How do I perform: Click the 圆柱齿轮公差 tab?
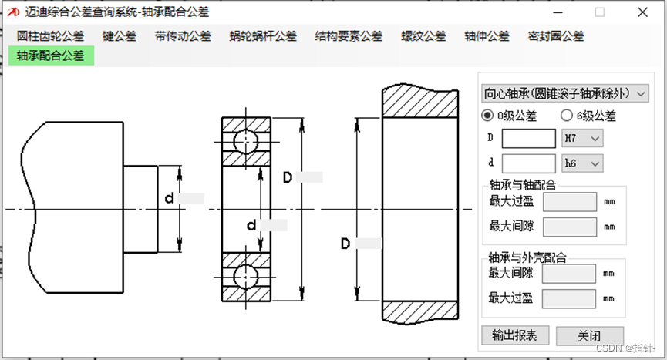pyautogui.click(x=51, y=36)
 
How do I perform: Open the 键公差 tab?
pyautogui.click(x=120, y=36)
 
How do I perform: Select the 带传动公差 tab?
pyautogui.click(x=182, y=36)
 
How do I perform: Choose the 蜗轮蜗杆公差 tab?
pyautogui.click(x=263, y=36)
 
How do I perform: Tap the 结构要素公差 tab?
pyautogui.click(x=349, y=36)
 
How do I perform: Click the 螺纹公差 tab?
pyautogui.click(x=423, y=36)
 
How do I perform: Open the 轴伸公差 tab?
pyautogui.click(x=487, y=36)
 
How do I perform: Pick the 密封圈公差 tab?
pyautogui.click(x=556, y=36)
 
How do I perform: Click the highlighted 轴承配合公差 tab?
pyautogui.click(x=51, y=56)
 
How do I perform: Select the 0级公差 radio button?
pyautogui.click(x=487, y=116)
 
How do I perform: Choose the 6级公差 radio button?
pyautogui.click(x=567, y=116)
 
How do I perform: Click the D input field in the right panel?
pyautogui.click(x=528, y=138)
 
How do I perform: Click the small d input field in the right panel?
pyautogui.click(x=528, y=163)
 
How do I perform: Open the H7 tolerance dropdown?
pyautogui.click(x=582, y=138)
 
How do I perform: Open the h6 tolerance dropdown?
pyautogui.click(x=582, y=163)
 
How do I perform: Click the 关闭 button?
pyautogui.click(x=589, y=336)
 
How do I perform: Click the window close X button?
pyautogui.click(x=642, y=12)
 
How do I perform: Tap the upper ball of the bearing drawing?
pyautogui.click(x=247, y=143)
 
